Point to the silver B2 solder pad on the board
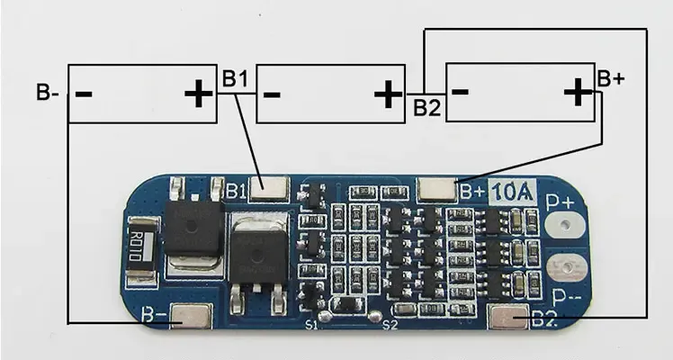pyautogui.click(x=510, y=317)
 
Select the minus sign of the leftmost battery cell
pyautogui.click(x=84, y=93)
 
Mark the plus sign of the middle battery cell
pyautogui.click(x=388, y=93)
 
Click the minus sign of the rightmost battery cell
pyautogui.click(x=461, y=91)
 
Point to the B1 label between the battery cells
pyautogui.click(x=235, y=79)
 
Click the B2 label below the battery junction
pyautogui.click(x=427, y=108)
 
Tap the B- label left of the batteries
pyautogui.click(x=47, y=91)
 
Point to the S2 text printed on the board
pyautogui.click(x=390, y=324)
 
